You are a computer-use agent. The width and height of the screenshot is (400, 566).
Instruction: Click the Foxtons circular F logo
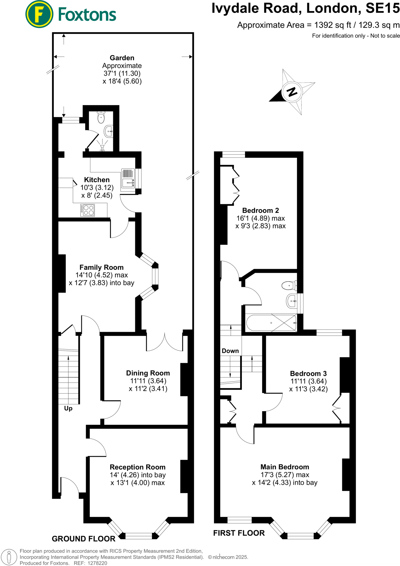coord(39,14)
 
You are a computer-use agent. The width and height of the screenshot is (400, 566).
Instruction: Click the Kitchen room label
coord(97,180)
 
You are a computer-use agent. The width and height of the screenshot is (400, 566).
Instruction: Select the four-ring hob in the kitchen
coord(88,210)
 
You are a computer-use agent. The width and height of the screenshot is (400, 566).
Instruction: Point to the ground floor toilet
coord(101,117)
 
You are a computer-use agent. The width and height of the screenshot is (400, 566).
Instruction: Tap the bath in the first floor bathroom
coord(271,323)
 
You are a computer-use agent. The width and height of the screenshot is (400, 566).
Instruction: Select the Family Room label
coord(102,267)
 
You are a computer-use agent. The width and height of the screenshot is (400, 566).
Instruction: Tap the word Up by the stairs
coord(68,408)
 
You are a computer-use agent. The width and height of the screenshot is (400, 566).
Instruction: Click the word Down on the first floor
coord(230,351)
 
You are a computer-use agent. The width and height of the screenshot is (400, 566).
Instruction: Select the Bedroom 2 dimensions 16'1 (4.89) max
coord(260,218)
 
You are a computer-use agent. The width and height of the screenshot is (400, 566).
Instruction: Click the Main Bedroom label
coord(285,467)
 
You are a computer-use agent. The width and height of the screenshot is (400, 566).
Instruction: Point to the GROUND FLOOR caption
coord(84,539)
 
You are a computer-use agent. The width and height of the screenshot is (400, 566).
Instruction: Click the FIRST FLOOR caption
coord(239,533)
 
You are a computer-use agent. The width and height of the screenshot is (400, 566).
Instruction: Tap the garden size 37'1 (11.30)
coord(122,74)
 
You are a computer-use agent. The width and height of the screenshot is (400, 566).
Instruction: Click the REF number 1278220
coord(97,563)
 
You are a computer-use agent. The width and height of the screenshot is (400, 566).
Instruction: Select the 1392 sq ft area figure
coord(333,25)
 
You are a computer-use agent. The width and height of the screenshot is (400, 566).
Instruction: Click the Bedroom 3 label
coord(308,373)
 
